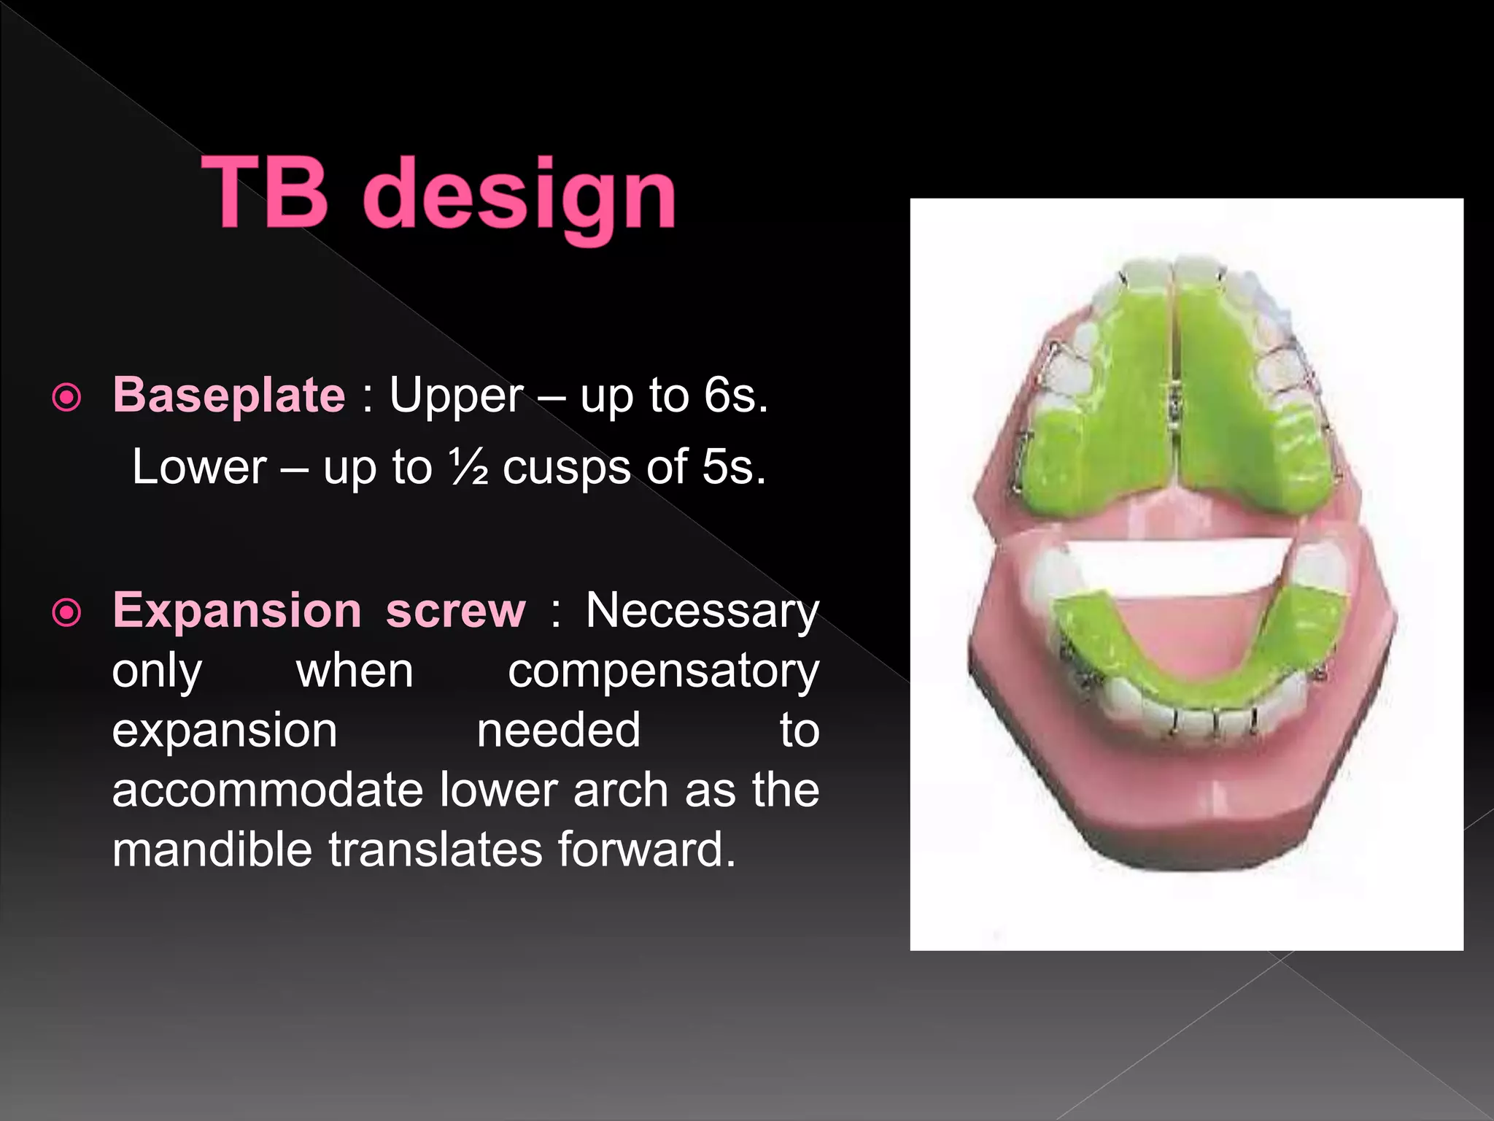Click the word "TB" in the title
click(x=264, y=194)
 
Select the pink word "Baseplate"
click(x=228, y=395)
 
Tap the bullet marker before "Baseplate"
click(x=67, y=398)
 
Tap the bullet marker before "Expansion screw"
click(x=67, y=613)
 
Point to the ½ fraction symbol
click(x=468, y=467)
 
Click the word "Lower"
click(x=199, y=467)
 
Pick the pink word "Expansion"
click(x=237, y=610)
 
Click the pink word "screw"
click(x=455, y=610)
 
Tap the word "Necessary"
click(x=703, y=610)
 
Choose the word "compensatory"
click(x=663, y=670)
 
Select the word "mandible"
click(x=212, y=850)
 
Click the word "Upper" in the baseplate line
click(x=456, y=395)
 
